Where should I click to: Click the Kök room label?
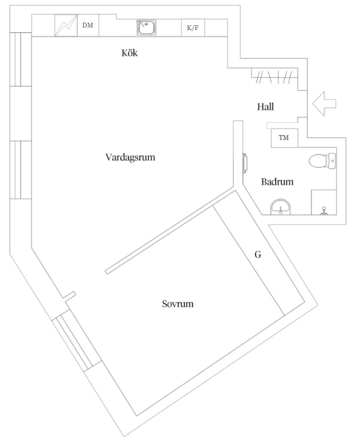[129, 53]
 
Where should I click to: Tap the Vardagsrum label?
[130, 157]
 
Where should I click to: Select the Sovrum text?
[177, 304]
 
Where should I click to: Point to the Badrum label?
[277, 182]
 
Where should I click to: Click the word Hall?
[265, 107]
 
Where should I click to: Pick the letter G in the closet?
[258, 255]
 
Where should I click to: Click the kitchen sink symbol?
[146, 27]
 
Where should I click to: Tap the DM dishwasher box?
[88, 26]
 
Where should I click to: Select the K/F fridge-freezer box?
[192, 28]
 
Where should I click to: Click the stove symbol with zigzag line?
[65, 26]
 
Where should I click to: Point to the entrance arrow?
[324, 103]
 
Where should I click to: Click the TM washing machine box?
[284, 138]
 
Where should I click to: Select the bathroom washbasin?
[281, 207]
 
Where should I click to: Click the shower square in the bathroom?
[323, 202]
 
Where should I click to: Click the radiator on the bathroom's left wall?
[245, 163]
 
